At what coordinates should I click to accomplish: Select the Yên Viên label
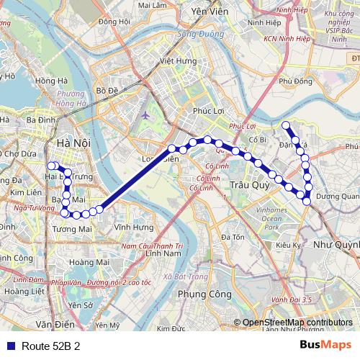[208, 12]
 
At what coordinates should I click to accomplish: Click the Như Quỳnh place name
[337, 246]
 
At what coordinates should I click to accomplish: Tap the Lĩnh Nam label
[162, 253]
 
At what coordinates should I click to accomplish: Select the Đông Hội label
[115, 22]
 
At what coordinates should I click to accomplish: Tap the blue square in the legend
[9, 346]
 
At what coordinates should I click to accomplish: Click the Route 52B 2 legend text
[50, 346]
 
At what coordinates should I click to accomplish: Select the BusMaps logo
[325, 345]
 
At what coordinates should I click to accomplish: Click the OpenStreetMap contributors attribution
[297, 323]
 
